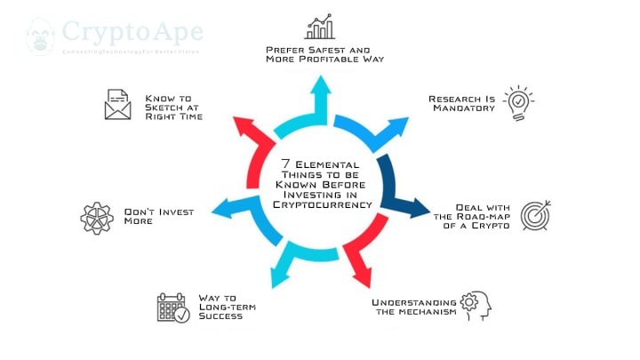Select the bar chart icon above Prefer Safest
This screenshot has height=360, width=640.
point(320,27)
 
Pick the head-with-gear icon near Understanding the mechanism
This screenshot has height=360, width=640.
point(476,305)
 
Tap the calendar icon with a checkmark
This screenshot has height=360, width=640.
point(172,308)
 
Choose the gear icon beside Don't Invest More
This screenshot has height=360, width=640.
point(97,218)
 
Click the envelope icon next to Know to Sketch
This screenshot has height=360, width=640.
point(117,105)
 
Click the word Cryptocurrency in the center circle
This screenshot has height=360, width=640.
point(321,204)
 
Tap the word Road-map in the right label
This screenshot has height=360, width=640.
point(487,215)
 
